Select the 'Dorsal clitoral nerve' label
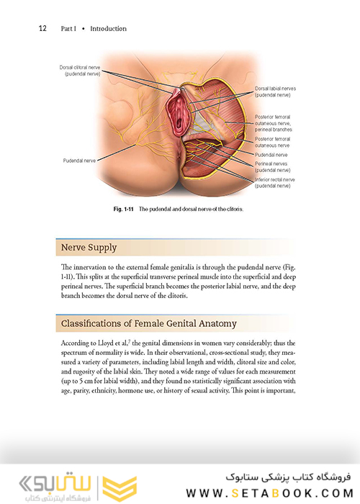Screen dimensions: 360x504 coord(81,70)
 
